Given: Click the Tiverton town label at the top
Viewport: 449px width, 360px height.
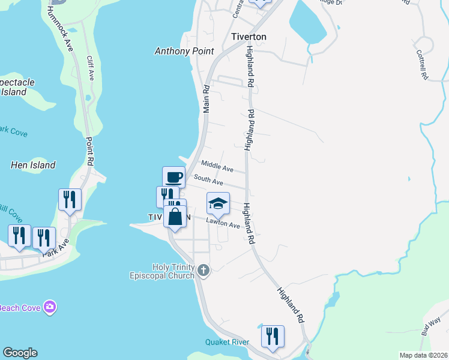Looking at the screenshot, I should tap(249, 37).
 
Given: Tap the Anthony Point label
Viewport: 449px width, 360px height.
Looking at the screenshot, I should tap(184, 51).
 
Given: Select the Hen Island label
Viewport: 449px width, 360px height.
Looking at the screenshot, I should tap(34, 165).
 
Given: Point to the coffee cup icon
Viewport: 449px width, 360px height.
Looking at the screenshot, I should tap(173, 177).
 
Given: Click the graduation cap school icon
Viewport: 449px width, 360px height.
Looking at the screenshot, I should tap(218, 203).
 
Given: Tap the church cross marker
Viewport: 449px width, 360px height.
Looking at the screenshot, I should tap(203, 271).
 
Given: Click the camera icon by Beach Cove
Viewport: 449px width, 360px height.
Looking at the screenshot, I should tap(50, 307).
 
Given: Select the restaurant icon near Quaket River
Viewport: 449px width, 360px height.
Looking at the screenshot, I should tap(273, 336).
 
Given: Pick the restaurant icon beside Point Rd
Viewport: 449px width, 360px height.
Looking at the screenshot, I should tap(70, 200).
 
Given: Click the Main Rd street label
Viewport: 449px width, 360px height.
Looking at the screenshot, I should tap(206, 98).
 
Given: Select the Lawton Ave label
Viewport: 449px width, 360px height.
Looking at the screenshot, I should tap(223, 223).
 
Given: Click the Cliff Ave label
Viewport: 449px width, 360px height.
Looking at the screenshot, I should tap(91, 68).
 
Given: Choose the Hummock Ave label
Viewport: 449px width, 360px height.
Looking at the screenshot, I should tap(61, 29).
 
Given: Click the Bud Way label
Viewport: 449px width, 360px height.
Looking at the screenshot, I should tap(431, 327).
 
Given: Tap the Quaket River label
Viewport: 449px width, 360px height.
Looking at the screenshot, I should tap(227, 342).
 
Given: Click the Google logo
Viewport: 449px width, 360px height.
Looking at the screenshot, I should tap(20, 353).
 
